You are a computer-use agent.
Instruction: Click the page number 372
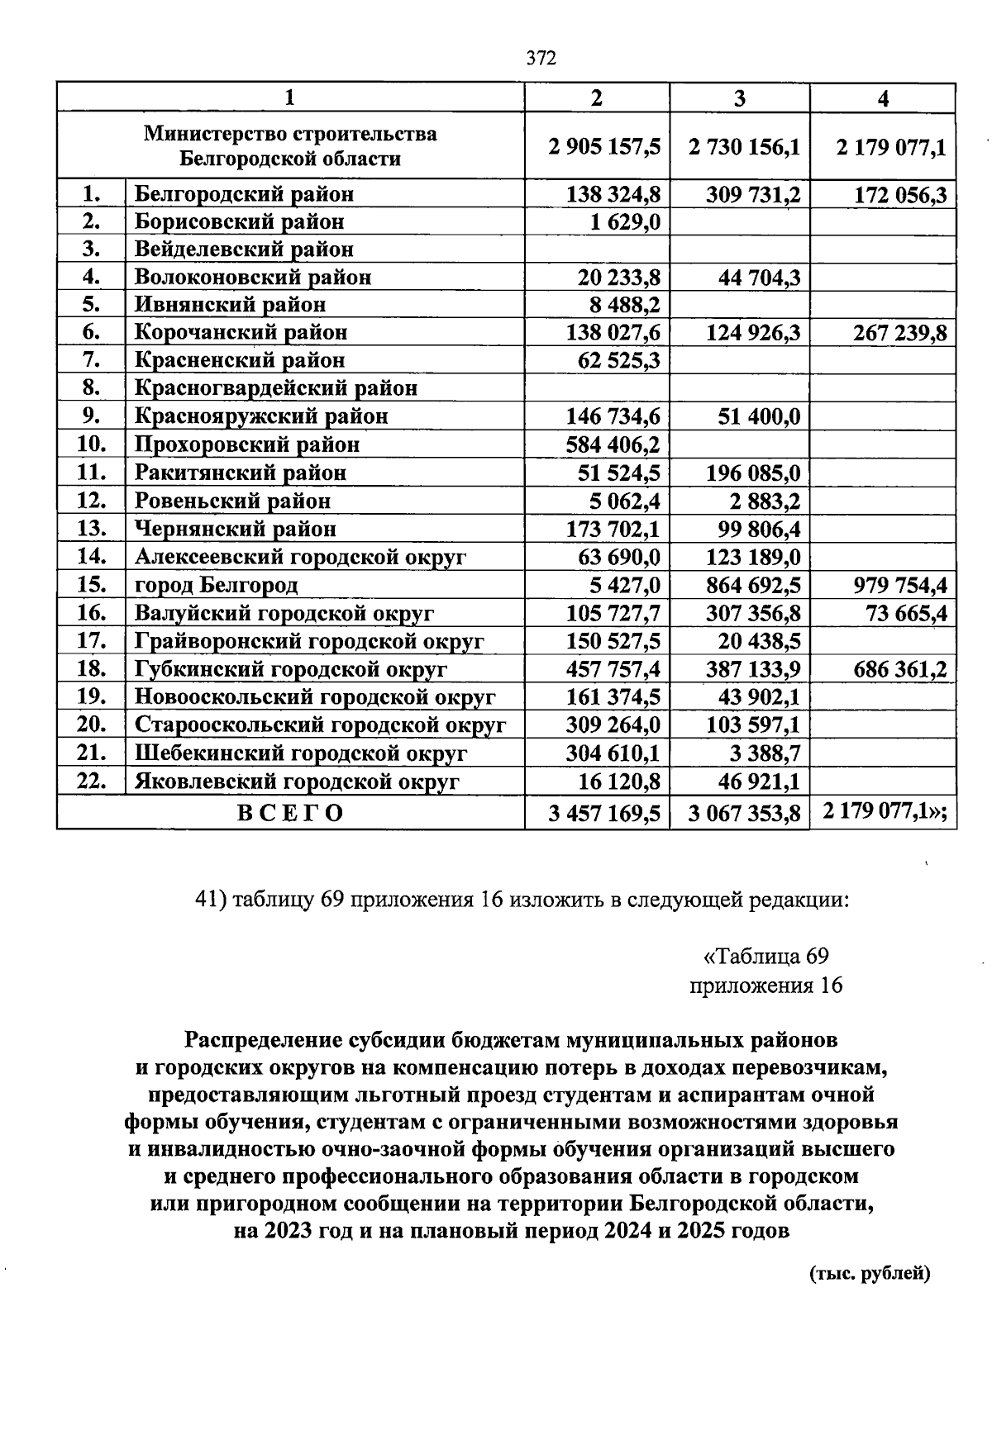542,59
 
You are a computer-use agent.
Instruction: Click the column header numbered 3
740,98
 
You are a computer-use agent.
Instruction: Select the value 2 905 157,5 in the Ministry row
604,147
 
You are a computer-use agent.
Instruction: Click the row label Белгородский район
244,194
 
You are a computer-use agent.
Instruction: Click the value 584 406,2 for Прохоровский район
613,445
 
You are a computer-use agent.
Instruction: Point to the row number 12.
91,501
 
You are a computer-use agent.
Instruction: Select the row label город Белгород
216,586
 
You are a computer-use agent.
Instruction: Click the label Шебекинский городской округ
301,753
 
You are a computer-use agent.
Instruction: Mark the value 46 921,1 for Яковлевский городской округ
758,782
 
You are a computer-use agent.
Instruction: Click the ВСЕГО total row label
290,813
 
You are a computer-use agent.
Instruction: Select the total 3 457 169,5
604,814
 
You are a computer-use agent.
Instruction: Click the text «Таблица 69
765,957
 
